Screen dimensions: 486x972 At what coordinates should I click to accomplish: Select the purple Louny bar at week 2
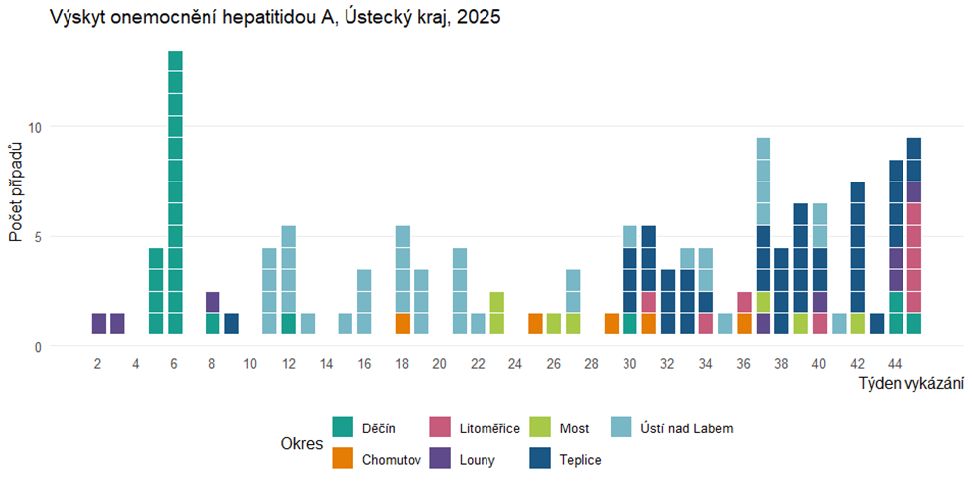tap(98, 324)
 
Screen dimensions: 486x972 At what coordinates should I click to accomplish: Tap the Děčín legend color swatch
tap(342, 428)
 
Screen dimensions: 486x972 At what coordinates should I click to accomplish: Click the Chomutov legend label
tap(391, 460)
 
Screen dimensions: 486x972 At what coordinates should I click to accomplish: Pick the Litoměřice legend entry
tap(489, 428)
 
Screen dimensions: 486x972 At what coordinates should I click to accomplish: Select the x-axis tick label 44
tap(896, 365)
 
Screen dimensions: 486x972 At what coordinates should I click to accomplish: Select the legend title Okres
tap(301, 444)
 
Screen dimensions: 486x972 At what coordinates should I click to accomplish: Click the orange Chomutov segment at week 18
tap(403, 324)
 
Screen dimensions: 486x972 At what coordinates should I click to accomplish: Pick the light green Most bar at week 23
tap(497, 313)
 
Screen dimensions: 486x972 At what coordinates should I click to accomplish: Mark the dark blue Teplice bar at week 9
tap(231, 324)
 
